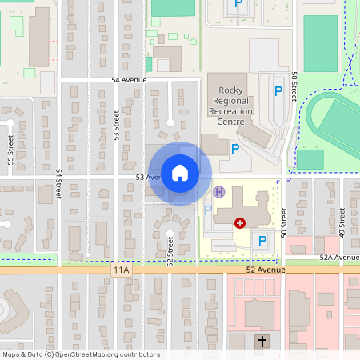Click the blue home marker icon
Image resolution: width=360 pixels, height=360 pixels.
(x=180, y=172)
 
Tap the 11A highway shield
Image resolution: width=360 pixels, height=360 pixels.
(x=121, y=270)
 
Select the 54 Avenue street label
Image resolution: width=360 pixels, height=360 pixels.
(x=129, y=81)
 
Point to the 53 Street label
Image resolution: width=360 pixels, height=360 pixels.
(x=117, y=126)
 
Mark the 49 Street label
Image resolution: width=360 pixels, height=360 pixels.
(x=342, y=222)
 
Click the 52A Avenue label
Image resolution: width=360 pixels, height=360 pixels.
(x=339, y=258)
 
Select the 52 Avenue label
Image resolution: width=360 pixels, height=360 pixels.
(x=266, y=270)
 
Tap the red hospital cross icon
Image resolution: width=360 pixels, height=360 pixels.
(x=239, y=222)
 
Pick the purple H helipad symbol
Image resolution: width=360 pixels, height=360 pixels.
(x=219, y=192)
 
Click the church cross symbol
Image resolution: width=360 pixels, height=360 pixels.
(x=261, y=342)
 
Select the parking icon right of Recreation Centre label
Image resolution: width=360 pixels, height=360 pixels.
(x=278, y=91)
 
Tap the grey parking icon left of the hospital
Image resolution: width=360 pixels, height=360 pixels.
(x=208, y=211)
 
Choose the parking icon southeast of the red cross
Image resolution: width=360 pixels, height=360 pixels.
(x=261, y=239)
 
